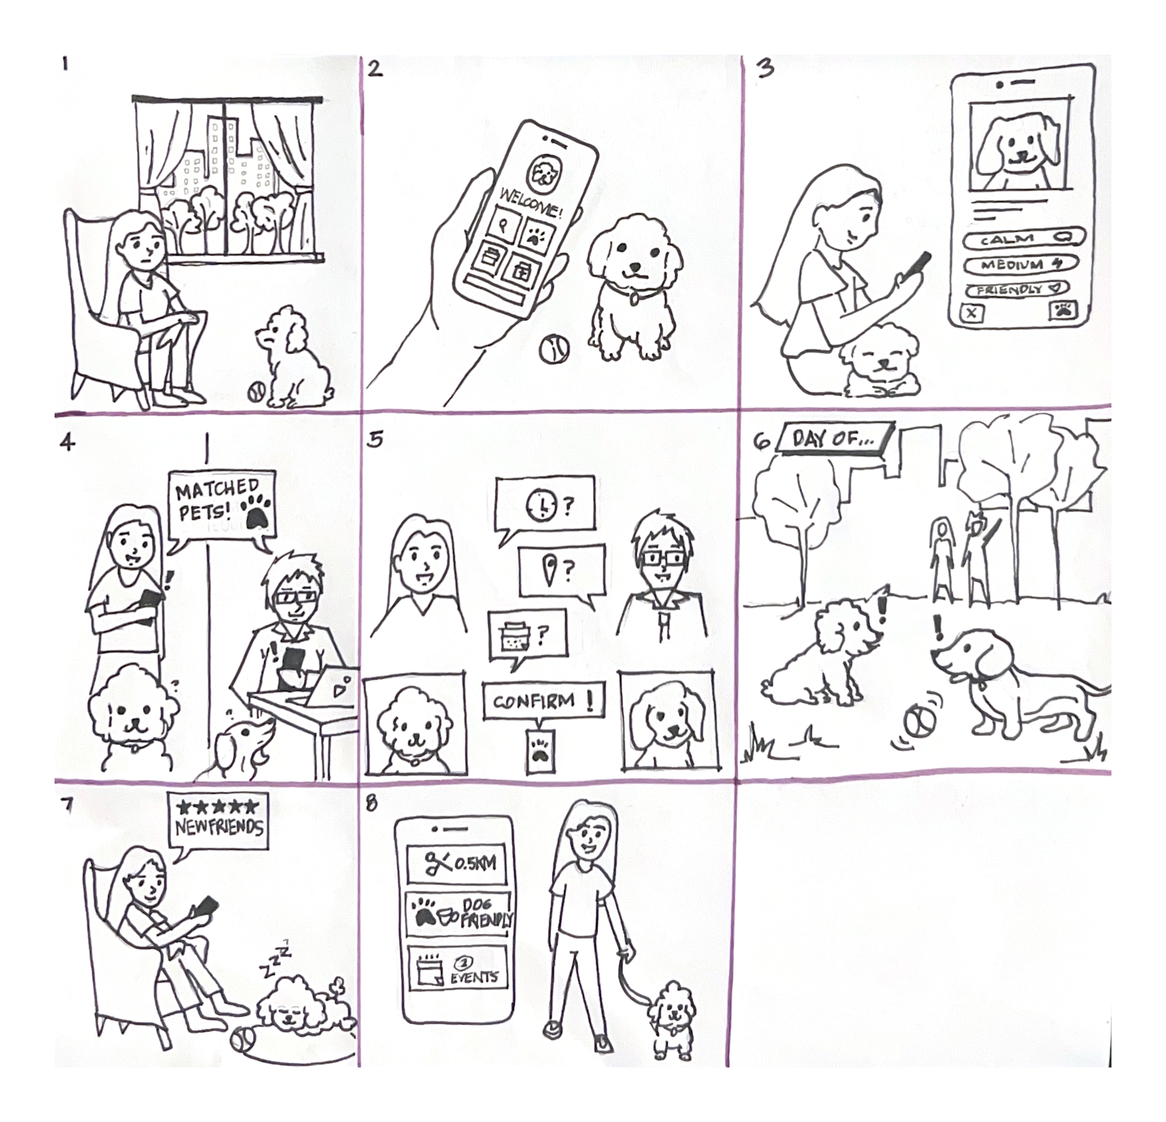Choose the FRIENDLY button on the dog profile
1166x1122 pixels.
[1017, 290]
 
